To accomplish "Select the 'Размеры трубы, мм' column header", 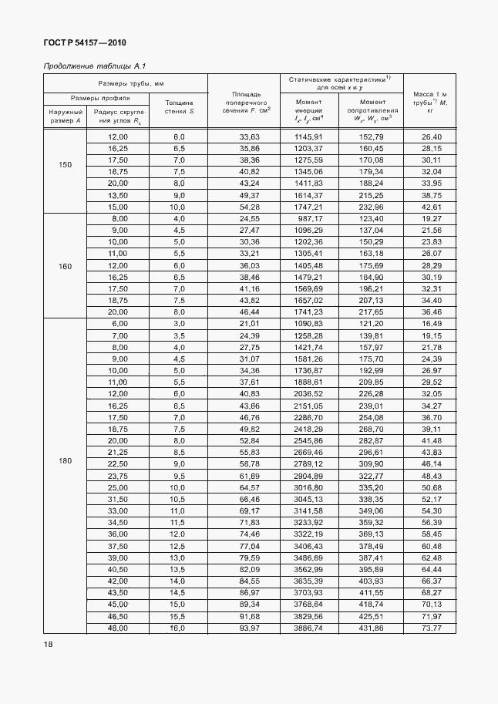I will [x=125, y=83].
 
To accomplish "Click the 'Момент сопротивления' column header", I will [x=372, y=109].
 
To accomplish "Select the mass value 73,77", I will [x=430, y=628].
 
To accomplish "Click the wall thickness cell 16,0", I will [x=178, y=628].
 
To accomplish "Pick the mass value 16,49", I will [x=430, y=325].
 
